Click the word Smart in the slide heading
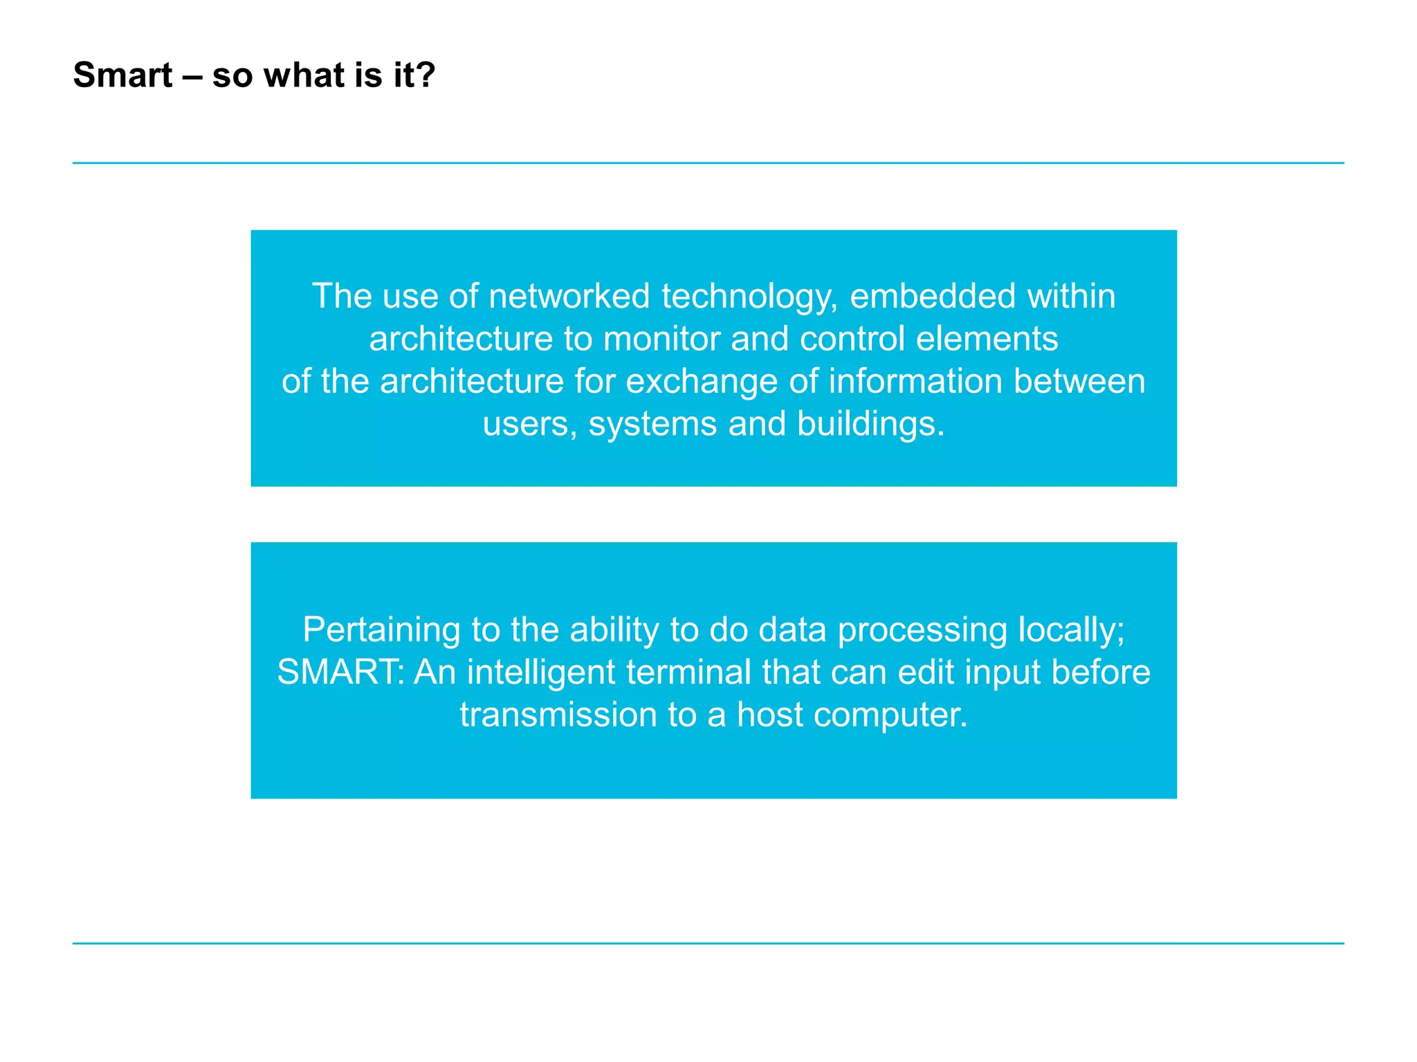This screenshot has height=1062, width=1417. [122, 75]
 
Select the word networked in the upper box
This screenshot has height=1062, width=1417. [569, 296]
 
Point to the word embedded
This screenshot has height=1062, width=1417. [932, 296]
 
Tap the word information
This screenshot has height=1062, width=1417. [917, 381]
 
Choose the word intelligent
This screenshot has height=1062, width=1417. [540, 673]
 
